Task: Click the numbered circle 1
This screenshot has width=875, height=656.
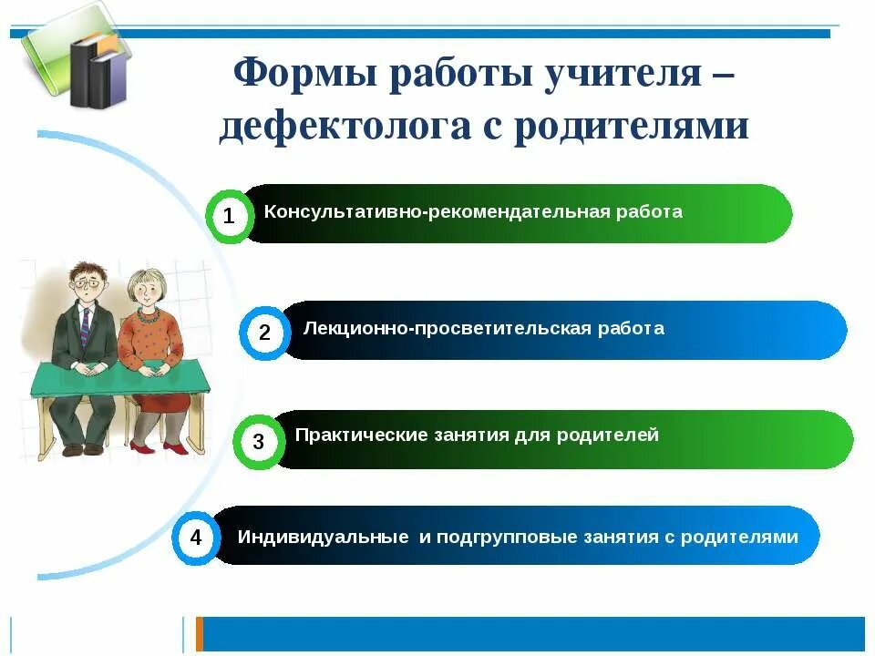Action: pos(229,216)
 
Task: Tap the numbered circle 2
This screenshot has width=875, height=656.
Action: pos(264,333)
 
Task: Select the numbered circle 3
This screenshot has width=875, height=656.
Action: pos(258,443)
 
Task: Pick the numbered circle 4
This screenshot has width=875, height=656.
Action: pos(196,538)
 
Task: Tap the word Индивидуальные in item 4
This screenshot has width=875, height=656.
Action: pos(323,537)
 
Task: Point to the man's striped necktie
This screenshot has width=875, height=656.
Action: pos(85,328)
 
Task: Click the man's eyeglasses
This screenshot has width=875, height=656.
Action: pos(87,285)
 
